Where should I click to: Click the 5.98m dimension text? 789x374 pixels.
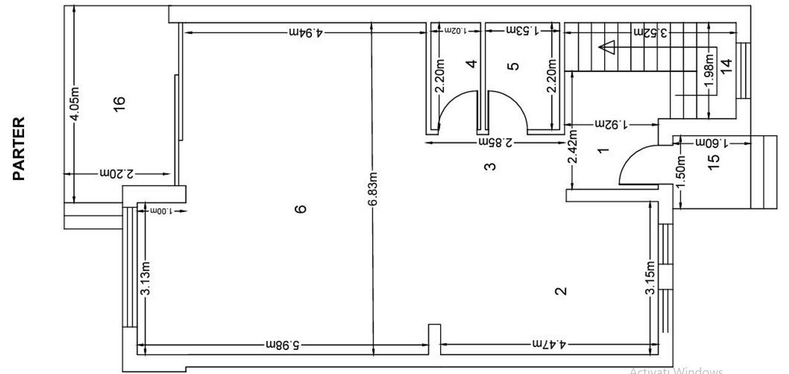(283, 344)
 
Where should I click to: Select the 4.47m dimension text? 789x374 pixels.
(550, 344)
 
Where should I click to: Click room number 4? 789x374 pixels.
(472, 63)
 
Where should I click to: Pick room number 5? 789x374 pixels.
(515, 65)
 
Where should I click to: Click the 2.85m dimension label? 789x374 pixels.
(497, 142)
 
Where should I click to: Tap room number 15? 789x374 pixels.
(714, 160)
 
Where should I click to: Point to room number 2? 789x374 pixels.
(560, 291)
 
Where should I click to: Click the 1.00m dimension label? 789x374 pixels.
(161, 211)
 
